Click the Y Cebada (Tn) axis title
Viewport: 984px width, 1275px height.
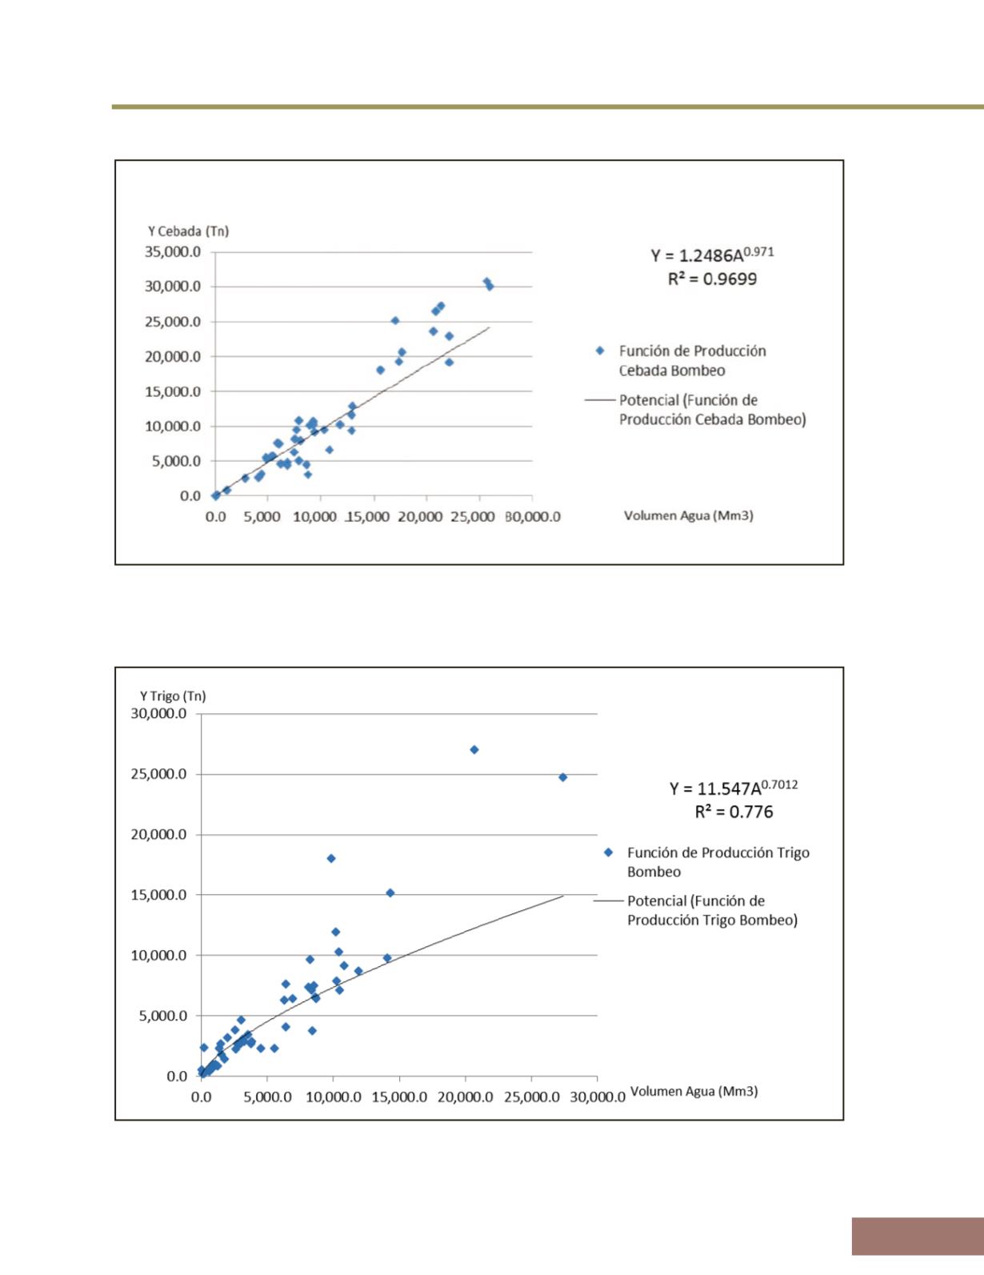(188, 231)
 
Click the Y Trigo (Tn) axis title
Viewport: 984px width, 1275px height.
(173, 696)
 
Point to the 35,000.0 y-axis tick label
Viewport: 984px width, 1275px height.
(173, 251)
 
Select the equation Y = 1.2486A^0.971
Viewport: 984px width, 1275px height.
(712, 255)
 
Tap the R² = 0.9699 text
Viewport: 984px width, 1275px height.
(712, 279)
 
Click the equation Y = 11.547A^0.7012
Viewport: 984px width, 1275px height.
(734, 788)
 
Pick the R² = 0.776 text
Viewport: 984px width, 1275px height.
(734, 812)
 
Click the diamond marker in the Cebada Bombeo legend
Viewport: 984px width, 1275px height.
(599, 351)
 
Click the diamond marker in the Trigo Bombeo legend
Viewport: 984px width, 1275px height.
(609, 852)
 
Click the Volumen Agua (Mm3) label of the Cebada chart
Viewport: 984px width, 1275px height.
(689, 515)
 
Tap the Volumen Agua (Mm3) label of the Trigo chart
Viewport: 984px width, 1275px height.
(694, 1092)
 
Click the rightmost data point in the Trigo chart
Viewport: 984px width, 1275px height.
(562, 777)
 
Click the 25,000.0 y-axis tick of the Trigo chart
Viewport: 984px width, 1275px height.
(158, 774)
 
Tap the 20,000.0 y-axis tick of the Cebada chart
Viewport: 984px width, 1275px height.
(173, 356)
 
